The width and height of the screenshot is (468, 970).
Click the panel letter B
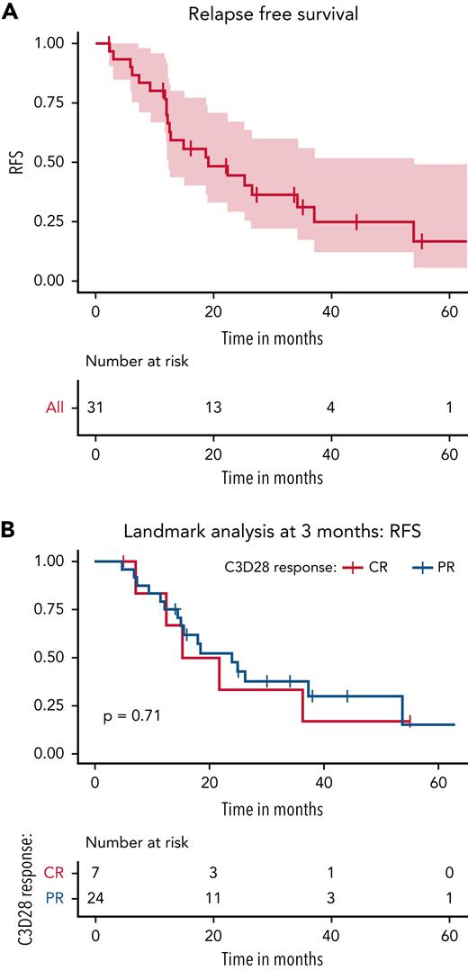coord(9,532)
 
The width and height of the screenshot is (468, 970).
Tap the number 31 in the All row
coord(95,409)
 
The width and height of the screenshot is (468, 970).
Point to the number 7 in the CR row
coord(95,872)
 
